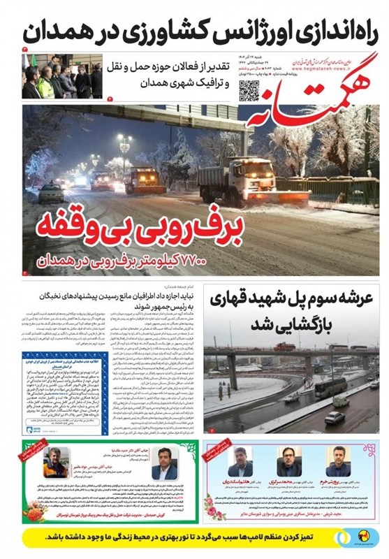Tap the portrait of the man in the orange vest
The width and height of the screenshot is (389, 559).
(x=55, y=464)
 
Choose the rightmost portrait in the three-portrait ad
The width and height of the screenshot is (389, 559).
(x=339, y=460)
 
